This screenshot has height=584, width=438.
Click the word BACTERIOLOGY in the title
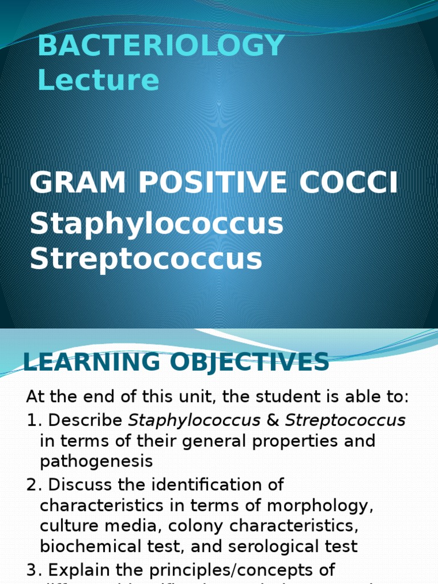click(161, 46)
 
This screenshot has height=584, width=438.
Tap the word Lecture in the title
click(98, 80)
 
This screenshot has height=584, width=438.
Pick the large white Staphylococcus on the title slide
click(156, 224)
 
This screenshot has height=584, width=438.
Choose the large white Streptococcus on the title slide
click(146, 258)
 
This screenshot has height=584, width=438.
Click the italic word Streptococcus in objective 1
click(345, 421)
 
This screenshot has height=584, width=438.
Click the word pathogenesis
click(96, 461)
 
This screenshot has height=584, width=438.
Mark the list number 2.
click(33, 485)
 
